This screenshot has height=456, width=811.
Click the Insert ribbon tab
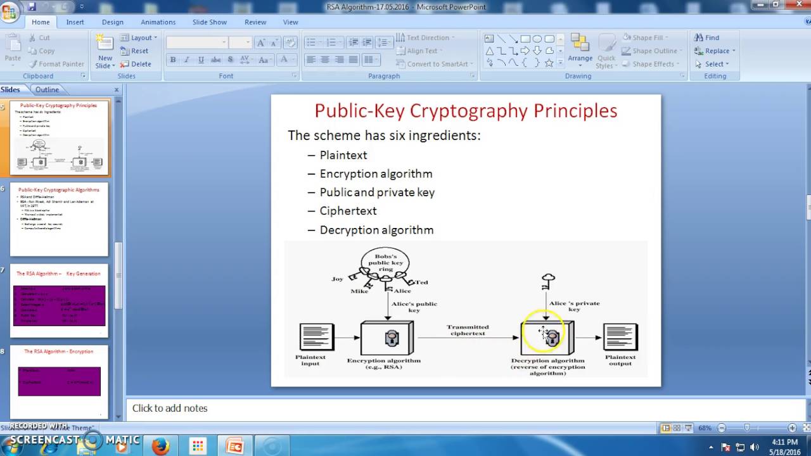[75, 22]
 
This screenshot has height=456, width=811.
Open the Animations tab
[158, 22]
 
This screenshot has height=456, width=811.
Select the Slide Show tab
[209, 22]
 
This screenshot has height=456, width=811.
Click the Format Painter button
[56, 64]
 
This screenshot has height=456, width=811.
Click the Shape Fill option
[646, 38]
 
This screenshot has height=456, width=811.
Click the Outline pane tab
[47, 90]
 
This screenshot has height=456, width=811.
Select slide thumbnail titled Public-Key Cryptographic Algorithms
[59, 219]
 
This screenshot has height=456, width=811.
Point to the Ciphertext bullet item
[348, 211]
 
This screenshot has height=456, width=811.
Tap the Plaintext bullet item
[343, 155]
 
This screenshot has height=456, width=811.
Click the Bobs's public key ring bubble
[385, 261]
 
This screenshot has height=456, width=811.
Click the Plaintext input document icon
[316, 336]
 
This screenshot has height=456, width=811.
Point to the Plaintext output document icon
[620, 336]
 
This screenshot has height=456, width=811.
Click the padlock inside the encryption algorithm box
[392, 338]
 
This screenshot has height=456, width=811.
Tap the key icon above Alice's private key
[549, 279]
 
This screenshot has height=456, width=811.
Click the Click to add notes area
[170, 408]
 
